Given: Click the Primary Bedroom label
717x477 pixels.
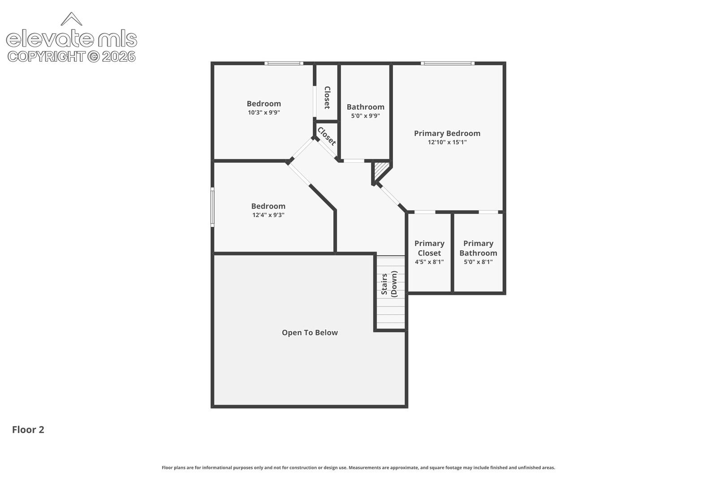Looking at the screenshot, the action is [x=447, y=133].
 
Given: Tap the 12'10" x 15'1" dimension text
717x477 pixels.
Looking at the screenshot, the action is [x=447, y=142].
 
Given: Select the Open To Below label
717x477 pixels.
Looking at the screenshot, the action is [x=310, y=332].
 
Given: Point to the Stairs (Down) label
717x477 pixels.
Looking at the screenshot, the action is [x=389, y=284].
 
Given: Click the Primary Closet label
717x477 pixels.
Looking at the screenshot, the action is [x=429, y=248].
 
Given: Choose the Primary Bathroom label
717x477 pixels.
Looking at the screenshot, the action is [x=478, y=248].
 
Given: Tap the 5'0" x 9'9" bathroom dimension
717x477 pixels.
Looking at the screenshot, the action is [x=365, y=116].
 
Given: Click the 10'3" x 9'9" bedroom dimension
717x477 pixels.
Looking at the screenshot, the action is [x=264, y=112].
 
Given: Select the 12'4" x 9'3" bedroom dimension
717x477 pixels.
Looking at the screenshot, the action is [x=268, y=215].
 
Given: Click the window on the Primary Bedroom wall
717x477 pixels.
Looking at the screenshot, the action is [x=448, y=63].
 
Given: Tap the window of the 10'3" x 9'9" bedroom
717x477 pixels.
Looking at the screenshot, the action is [x=284, y=63].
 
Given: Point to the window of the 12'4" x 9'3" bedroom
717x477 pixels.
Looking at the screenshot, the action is [x=212, y=207].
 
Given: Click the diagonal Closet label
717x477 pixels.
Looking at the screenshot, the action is [x=327, y=136].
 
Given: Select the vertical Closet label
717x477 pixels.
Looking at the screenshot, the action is [x=327, y=98].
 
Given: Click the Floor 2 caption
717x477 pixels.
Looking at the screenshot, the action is [x=28, y=430].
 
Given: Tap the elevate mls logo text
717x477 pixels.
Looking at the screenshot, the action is [x=72, y=38].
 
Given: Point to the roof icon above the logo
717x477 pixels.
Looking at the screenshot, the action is [x=71, y=19].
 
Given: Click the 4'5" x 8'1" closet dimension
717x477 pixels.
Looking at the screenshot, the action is [x=429, y=262].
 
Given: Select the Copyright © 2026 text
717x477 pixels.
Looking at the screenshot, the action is [x=72, y=56].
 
